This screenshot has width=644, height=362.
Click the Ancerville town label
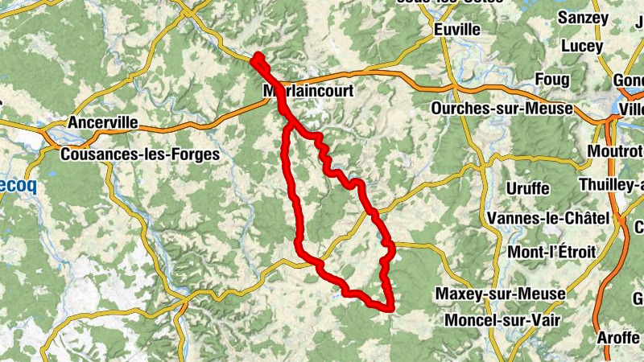(103, 123)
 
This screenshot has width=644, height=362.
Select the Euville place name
(456, 30)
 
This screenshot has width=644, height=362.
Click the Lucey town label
(581, 47)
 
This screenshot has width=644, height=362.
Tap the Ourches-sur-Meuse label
(502, 108)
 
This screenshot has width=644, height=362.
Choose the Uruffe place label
(528, 188)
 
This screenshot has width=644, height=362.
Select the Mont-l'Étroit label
(551, 252)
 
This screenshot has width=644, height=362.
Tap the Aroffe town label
(618, 338)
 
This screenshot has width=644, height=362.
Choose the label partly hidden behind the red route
(308, 92)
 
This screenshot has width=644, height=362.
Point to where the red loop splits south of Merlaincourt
(287, 125)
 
